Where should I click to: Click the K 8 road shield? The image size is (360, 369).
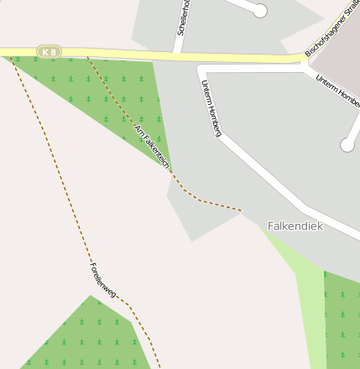coord(50,52)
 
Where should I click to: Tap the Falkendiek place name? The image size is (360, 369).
coord(295,226)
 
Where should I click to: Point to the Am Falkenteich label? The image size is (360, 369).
coord(152,146)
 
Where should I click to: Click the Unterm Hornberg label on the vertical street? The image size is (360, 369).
coord(211,107)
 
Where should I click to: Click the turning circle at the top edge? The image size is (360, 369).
coord(260,10)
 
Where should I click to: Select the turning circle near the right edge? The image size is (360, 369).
coord(347,145)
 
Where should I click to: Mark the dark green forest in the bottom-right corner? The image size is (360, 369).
coord(342,323)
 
